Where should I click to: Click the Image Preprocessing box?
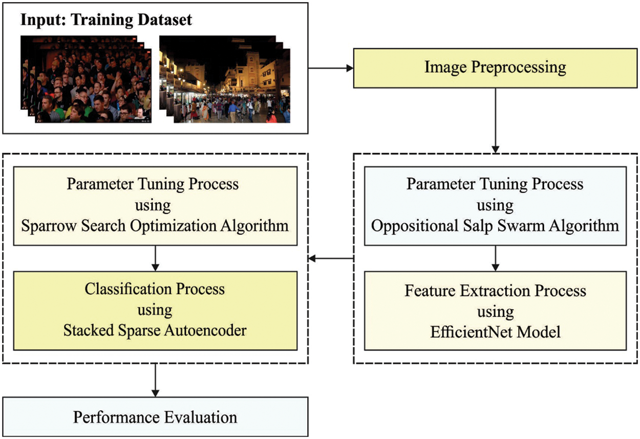point(495,68)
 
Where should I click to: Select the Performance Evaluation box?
point(155,416)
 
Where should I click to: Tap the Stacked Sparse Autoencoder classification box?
point(155,310)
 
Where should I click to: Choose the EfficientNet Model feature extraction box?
point(495,311)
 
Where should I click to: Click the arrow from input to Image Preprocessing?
point(330,68)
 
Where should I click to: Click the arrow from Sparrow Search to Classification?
point(155,257)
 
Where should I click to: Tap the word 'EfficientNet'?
point(467,332)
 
